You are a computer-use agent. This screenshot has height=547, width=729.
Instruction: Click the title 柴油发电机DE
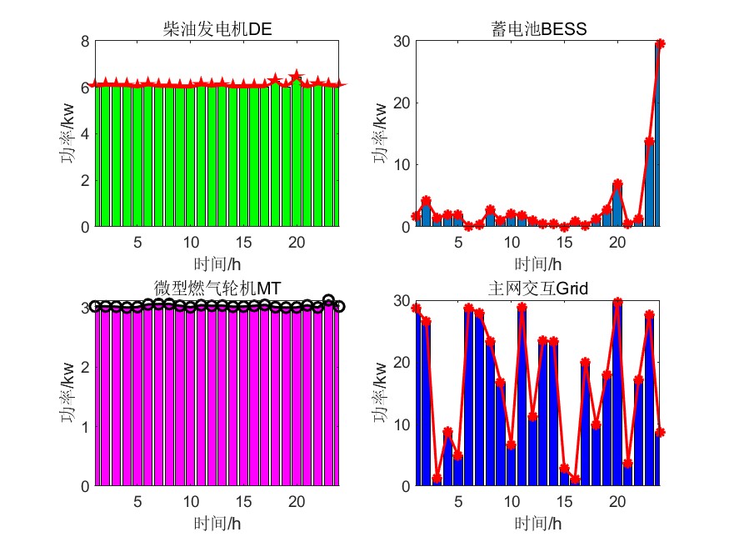tap(218, 31)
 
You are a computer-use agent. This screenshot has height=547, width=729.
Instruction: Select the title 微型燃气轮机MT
tap(218, 289)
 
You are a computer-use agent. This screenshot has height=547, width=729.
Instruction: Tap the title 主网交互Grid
tap(538, 289)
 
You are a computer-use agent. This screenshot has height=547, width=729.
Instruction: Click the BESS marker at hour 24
tap(660, 43)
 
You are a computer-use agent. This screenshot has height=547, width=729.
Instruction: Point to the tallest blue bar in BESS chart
tap(657, 133)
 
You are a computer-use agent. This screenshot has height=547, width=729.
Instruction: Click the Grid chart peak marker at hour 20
tap(617, 302)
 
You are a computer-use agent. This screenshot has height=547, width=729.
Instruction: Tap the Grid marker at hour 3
tap(437, 478)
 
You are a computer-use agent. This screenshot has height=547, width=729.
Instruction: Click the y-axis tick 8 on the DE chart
tap(84, 41)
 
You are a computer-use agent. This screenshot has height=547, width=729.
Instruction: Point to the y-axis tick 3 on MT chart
tap(84, 307)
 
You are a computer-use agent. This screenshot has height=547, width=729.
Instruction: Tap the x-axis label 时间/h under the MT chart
tap(218, 523)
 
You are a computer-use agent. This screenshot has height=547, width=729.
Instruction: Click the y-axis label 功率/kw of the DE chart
tap(66, 133)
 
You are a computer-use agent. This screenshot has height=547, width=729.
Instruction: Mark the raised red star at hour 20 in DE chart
tap(296, 77)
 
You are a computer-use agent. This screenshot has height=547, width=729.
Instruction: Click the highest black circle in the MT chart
tap(328, 300)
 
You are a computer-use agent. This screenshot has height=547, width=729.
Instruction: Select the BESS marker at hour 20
tap(617, 183)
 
